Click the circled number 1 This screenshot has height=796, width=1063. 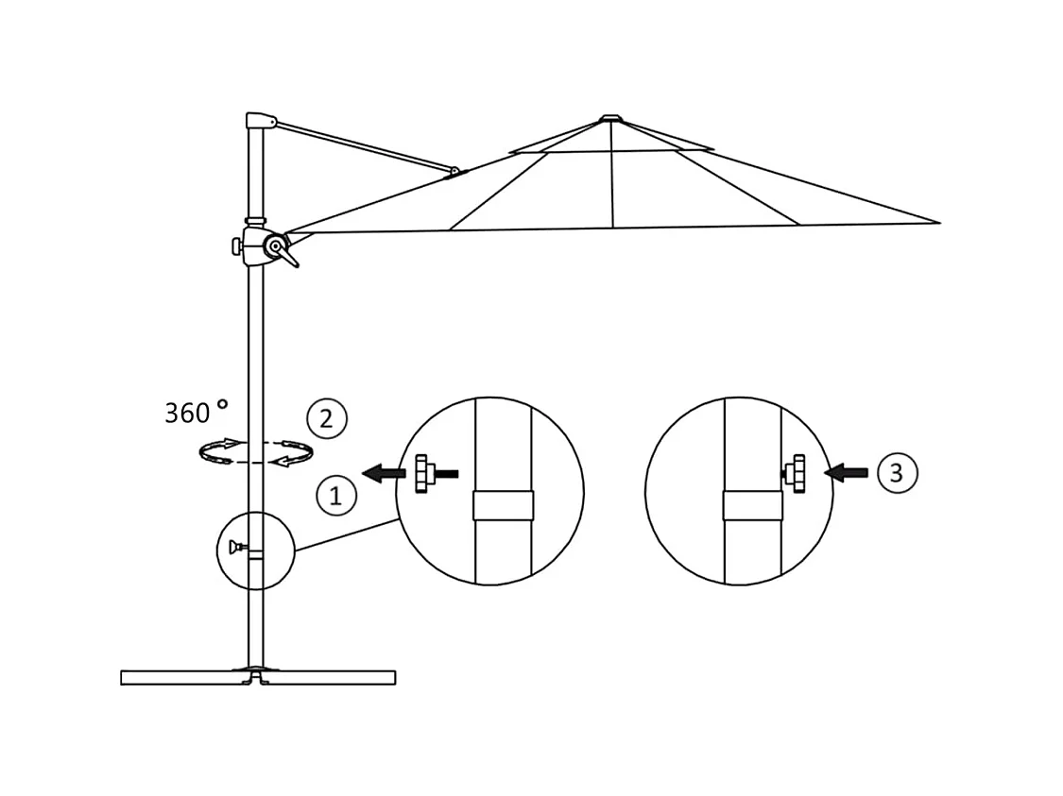click(335, 496)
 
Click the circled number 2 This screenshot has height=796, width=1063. click(326, 418)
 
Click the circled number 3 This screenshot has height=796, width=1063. click(896, 472)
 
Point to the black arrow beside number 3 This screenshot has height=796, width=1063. click(846, 472)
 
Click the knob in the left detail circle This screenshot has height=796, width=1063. click(423, 473)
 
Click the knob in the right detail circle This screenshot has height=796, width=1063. click(797, 472)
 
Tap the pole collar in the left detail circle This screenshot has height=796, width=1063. click(503, 505)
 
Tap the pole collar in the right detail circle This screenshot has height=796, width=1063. click(753, 505)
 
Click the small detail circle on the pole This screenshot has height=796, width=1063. click(255, 550)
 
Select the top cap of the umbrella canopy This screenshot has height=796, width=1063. click(611, 119)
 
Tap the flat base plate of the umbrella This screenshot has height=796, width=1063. click(258, 677)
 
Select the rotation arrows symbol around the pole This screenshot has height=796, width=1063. click(255, 452)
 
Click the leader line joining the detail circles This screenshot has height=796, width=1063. click(346, 534)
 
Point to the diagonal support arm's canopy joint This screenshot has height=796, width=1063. click(455, 172)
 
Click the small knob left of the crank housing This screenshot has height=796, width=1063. click(236, 246)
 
